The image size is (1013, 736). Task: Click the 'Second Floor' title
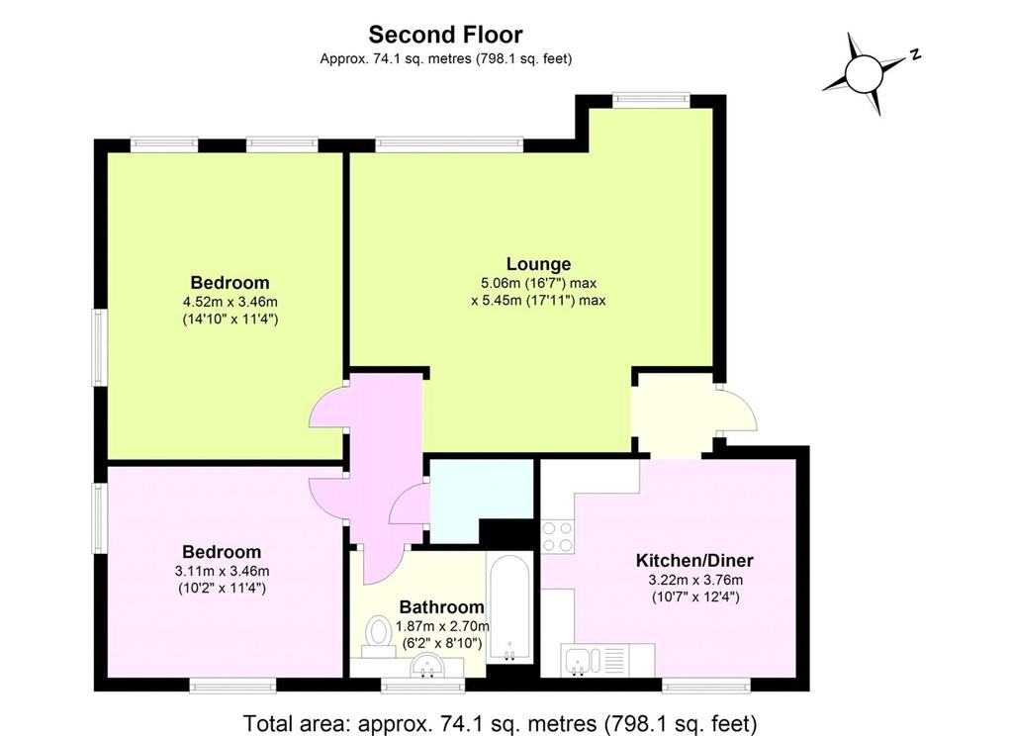[x=445, y=34]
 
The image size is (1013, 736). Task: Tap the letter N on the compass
[x=915, y=54]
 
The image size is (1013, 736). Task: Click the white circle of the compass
[x=863, y=73]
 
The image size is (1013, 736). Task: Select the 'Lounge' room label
[x=538, y=264]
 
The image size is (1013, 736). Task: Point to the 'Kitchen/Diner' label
[x=694, y=560]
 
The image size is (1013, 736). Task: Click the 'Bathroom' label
[x=441, y=606]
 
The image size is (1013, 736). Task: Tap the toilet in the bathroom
[x=379, y=636]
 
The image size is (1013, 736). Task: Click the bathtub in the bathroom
[x=509, y=608]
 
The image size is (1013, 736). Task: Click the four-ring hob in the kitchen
[x=557, y=537]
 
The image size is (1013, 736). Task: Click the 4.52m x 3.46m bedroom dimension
[x=230, y=301]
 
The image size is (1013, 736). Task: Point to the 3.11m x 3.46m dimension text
[x=222, y=571]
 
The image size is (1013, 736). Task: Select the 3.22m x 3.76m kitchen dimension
[x=695, y=580]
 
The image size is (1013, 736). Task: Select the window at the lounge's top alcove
[x=651, y=99]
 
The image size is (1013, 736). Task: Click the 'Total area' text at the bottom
[x=500, y=723]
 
